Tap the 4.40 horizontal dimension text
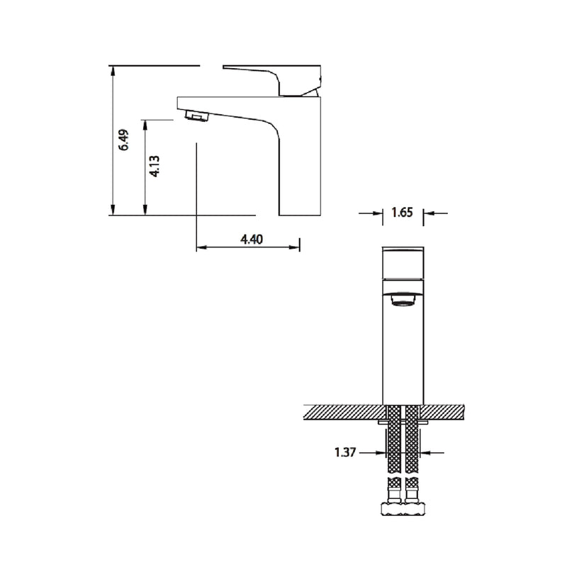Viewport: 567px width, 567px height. click(x=252, y=239)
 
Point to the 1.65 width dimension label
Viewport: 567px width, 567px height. click(x=402, y=212)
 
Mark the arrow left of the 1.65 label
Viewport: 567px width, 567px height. click(x=372, y=212)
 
